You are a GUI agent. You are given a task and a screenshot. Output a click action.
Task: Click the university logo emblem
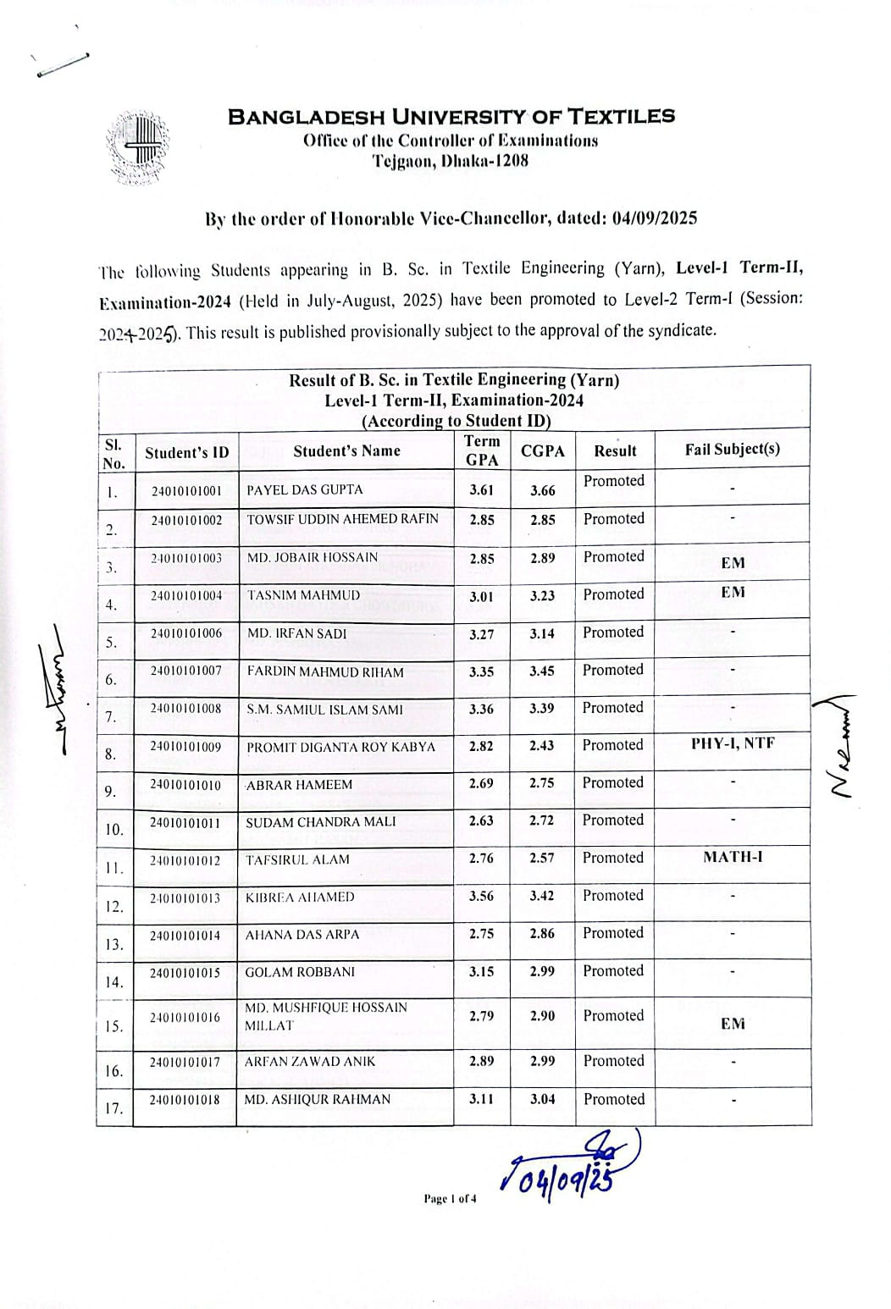[x=137, y=147]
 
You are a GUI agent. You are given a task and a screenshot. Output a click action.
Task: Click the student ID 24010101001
[x=186, y=491]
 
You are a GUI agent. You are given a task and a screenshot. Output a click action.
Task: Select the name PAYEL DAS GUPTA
[x=304, y=489]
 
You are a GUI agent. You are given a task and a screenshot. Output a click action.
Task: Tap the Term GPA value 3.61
[x=481, y=489]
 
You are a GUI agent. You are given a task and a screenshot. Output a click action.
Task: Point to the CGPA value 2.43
[x=542, y=746]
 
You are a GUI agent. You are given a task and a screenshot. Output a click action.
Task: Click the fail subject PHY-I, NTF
[x=733, y=743]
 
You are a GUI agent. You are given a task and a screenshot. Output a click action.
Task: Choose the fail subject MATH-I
[x=733, y=857]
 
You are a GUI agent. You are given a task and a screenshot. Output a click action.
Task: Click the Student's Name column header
[x=346, y=450]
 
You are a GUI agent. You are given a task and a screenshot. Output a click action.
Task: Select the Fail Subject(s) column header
[x=733, y=449]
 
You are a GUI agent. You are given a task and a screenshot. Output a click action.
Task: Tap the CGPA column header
[x=542, y=451]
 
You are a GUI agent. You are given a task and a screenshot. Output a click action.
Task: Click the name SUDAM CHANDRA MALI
[x=308, y=822]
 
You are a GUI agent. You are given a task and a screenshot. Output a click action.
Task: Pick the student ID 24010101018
[x=185, y=1100]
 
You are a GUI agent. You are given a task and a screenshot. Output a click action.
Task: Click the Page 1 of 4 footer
[x=450, y=1198]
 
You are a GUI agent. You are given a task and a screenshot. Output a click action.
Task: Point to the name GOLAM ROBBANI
[x=300, y=972]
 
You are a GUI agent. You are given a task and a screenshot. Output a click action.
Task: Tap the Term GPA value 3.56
[x=481, y=896]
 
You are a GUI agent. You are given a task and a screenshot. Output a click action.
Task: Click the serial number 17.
[x=114, y=1108]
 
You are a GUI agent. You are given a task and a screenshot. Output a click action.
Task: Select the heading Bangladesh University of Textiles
[x=451, y=117]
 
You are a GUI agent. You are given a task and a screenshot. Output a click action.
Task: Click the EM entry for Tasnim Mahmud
[x=733, y=593]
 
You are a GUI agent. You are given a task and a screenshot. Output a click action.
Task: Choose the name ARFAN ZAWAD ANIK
[x=309, y=1061]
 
